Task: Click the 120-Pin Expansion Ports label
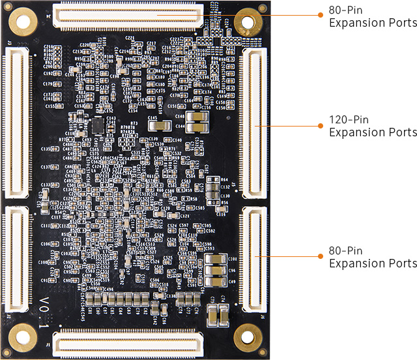click(x=373, y=127)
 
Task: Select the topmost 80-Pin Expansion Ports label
click(x=373, y=17)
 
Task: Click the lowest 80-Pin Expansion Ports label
click(x=373, y=257)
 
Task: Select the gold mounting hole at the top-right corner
click(x=248, y=22)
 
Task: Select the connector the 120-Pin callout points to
click(x=254, y=123)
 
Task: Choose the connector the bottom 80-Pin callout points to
click(x=254, y=259)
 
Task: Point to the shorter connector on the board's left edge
click(x=16, y=259)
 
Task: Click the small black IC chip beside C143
click(x=96, y=124)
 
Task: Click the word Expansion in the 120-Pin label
click(x=358, y=132)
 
